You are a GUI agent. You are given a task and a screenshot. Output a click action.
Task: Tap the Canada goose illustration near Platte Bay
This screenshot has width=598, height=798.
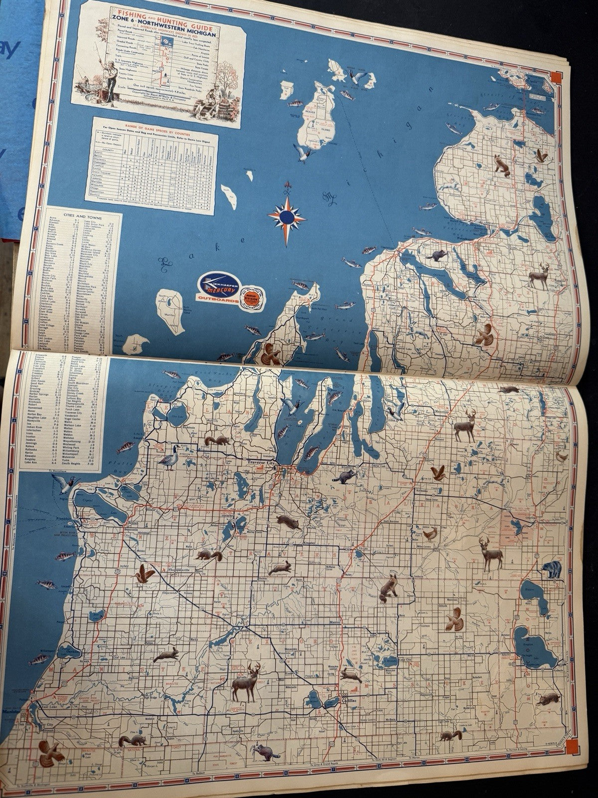[165, 456]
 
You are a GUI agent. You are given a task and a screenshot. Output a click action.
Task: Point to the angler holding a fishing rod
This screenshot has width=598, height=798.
[92, 70]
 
